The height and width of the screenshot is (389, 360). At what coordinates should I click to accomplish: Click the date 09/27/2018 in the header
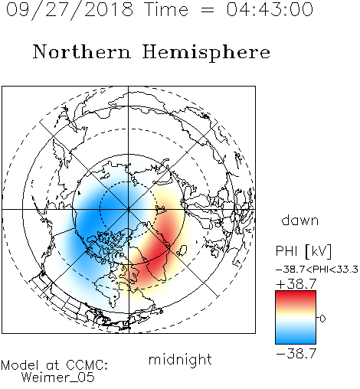(70, 10)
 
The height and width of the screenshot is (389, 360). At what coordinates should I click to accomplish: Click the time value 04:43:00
(270, 9)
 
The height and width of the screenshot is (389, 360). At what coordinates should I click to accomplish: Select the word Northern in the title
(82, 51)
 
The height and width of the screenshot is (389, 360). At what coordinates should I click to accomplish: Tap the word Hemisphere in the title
(206, 53)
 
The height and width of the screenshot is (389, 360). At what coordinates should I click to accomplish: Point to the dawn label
(300, 220)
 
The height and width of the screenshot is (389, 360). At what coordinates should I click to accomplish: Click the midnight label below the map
(180, 360)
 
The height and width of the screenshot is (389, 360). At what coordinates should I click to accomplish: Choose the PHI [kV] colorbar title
(303, 251)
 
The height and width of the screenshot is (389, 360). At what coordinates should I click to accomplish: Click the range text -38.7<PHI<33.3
(317, 270)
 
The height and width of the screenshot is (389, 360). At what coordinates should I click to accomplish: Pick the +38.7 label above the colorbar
(296, 284)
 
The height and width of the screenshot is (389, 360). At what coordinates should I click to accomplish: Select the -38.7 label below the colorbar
(296, 354)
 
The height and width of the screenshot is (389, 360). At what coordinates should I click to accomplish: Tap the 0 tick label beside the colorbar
(322, 319)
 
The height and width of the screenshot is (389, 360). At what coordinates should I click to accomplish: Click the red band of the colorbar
(296, 297)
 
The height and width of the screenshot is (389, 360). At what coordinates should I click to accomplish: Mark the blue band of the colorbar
(296, 336)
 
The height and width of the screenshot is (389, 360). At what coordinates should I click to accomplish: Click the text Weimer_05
(58, 378)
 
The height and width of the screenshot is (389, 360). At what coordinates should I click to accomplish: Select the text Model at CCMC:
(54, 365)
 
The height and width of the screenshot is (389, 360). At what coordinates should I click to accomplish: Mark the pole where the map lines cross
(129, 209)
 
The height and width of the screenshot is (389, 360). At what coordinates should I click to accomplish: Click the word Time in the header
(166, 9)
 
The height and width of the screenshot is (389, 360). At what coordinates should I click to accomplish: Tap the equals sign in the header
(208, 10)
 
